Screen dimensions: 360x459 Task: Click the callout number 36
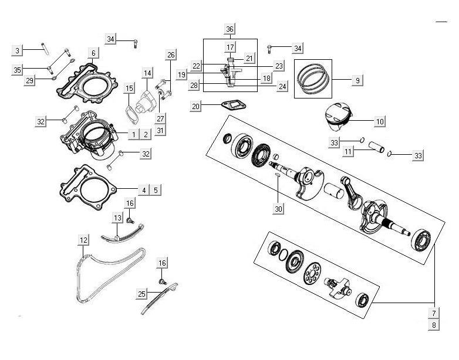[230, 29]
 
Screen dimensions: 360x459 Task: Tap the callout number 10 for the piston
[379, 122]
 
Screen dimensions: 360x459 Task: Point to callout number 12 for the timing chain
[84, 239]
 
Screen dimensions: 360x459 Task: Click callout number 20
[196, 106]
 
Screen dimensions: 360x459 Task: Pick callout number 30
[278, 208]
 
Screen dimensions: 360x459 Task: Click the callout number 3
[18, 50]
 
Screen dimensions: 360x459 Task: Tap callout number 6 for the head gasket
[93, 53]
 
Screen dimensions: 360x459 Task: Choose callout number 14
[147, 73]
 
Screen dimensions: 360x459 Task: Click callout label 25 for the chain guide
[141, 294]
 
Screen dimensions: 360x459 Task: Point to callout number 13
[119, 218]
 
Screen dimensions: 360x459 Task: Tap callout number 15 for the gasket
[129, 89]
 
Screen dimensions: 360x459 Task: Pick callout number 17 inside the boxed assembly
[230, 47]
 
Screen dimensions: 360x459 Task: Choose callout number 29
[29, 80]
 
